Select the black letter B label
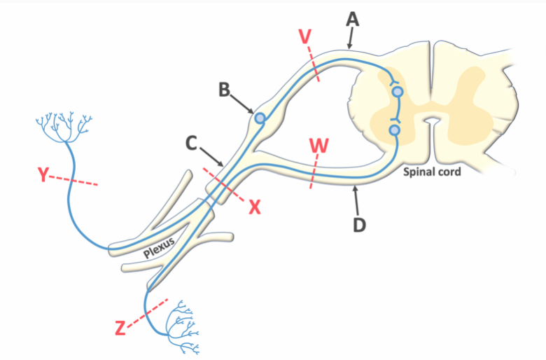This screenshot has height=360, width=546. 224,89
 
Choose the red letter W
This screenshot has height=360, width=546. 318,146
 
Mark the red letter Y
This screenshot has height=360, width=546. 44,175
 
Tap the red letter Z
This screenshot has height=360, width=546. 120,326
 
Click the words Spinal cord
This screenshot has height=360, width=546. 432,170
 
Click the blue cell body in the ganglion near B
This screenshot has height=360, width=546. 260,118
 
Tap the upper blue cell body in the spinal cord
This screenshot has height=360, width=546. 398,92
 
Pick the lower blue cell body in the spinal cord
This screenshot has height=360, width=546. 395,130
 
